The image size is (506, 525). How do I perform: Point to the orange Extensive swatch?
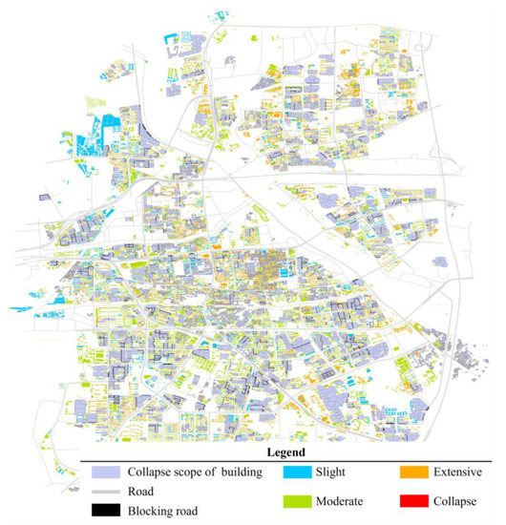point(412,472)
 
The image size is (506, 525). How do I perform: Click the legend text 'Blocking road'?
point(163,512)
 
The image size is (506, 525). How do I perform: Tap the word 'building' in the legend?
point(237,472)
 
